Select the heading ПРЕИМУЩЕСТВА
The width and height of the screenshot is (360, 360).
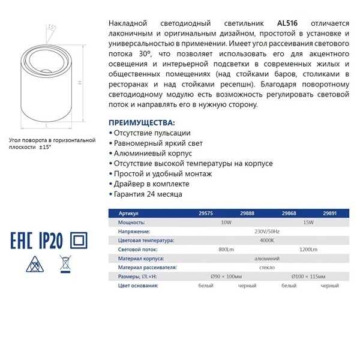143,121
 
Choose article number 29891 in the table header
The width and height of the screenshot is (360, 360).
330,213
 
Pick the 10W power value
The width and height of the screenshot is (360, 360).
226,222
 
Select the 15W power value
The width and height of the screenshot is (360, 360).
308,222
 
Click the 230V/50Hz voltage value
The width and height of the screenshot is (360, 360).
267,231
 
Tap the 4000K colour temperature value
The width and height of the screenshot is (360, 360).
267,240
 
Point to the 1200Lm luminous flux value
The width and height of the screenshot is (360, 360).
308,249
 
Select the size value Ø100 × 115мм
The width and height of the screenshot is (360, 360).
308,276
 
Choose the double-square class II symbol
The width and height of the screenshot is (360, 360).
77,241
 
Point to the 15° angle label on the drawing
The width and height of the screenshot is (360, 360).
52,28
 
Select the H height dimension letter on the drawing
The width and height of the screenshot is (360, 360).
80,84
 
